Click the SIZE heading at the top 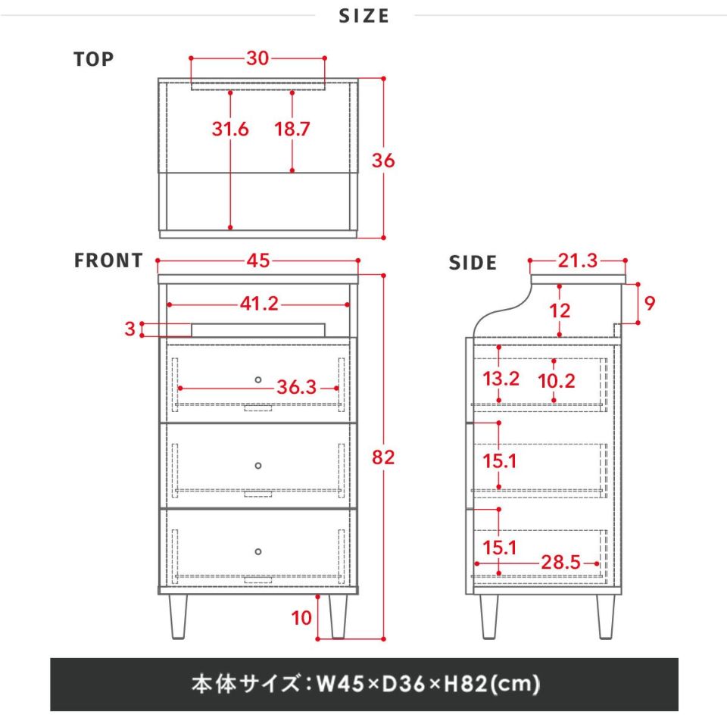[364, 16]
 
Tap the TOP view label [94, 59]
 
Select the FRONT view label [108, 261]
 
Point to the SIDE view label [473, 263]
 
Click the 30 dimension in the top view [257, 58]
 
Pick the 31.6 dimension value [230, 129]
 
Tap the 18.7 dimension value [292, 129]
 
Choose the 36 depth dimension [383, 161]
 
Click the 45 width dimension [258, 261]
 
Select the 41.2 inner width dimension [259, 304]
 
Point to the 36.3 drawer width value [297, 387]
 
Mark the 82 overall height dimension [383, 457]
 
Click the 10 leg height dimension [301, 618]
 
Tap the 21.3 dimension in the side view [578, 261]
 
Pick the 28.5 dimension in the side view [561, 563]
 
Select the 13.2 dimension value [501, 379]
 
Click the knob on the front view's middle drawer [258, 466]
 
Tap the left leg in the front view [179, 616]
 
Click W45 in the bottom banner [340, 684]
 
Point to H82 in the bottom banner [466, 684]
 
